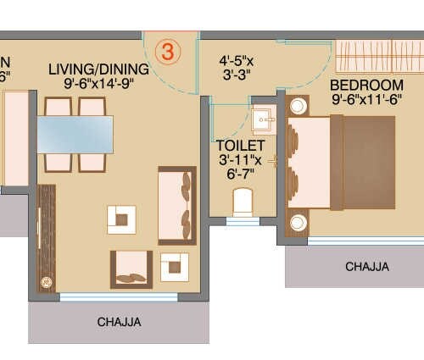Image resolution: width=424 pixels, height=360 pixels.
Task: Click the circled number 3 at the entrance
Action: (x=167, y=51)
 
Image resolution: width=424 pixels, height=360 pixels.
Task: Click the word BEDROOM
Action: (x=366, y=86)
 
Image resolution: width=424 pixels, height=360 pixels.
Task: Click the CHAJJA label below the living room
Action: (x=119, y=322)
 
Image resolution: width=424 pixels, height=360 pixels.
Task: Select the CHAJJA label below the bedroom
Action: (x=367, y=267)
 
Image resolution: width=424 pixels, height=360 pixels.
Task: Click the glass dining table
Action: (x=75, y=134)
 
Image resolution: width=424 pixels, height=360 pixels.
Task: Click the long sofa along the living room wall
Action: (x=177, y=205)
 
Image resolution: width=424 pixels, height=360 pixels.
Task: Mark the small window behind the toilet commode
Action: (x=243, y=221)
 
